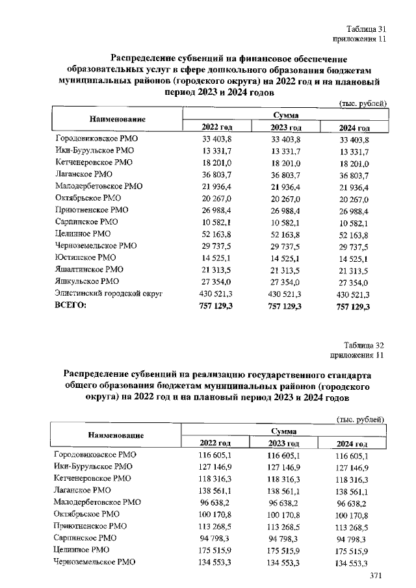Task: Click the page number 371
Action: [x=376, y=576]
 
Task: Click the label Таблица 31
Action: [x=367, y=29]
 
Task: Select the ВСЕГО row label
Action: [x=71, y=306]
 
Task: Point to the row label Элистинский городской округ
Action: [x=108, y=294]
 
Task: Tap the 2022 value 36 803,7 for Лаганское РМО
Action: [x=217, y=175]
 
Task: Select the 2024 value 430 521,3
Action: [x=354, y=294]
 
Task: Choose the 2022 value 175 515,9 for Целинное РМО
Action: [x=216, y=550]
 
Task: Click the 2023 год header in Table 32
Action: [x=283, y=443]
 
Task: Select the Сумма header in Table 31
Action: [x=286, y=114]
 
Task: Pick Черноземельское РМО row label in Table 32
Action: [x=94, y=562]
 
